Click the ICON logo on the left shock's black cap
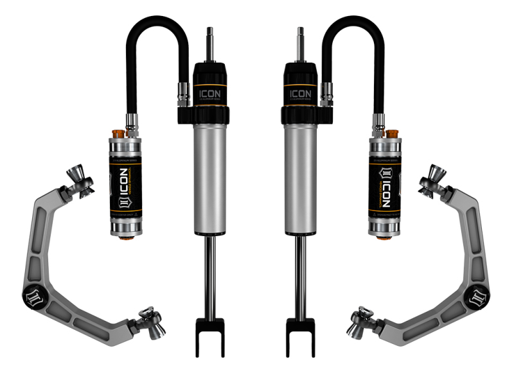pos(209,91)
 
